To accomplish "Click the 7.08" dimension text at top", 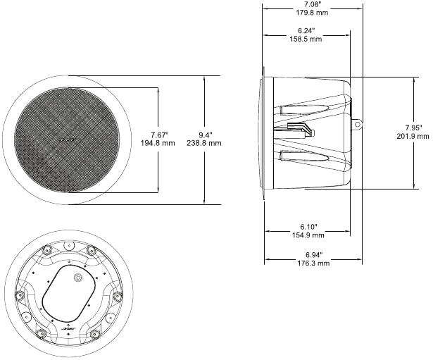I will coord(313,4).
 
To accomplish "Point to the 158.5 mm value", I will coord(306,39).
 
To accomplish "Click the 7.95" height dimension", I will coord(412,128).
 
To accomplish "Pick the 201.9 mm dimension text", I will coord(412,137).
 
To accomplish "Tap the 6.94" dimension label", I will coord(313,254).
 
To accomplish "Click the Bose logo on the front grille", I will coord(65,140).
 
